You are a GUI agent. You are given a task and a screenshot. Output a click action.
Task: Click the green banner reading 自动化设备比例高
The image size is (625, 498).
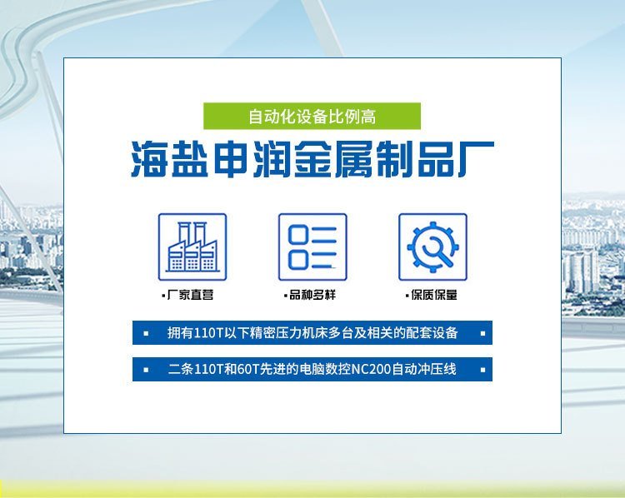coord(312,116)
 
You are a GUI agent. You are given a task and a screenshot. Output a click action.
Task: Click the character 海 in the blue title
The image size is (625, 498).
coord(149,159)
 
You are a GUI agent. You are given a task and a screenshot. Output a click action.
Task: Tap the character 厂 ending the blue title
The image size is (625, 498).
coord(476,159)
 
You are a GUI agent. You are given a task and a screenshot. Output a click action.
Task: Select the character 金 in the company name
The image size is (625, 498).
coord(312,159)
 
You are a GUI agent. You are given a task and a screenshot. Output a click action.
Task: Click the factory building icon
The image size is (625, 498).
coord(192,247)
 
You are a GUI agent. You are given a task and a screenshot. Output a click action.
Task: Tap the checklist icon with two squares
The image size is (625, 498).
coord(312,247)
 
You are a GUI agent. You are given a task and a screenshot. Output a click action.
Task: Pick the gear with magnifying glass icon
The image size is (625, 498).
coord(432,247)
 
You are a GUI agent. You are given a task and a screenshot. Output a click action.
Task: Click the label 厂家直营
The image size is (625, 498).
coord(190,295)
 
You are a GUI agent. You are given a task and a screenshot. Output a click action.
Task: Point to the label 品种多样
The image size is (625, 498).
coord(312,295)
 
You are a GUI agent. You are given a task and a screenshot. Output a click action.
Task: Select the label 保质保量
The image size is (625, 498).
coord(434,295)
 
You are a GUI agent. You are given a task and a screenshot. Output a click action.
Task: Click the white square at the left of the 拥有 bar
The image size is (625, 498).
coord(146,333)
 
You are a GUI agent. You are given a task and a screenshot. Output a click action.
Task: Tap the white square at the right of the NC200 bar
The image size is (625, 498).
coord(482,370)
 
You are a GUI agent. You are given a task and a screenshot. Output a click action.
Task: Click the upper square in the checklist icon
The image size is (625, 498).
coord(298,234)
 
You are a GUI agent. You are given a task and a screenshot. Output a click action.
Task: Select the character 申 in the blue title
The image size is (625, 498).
coord(231,159)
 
